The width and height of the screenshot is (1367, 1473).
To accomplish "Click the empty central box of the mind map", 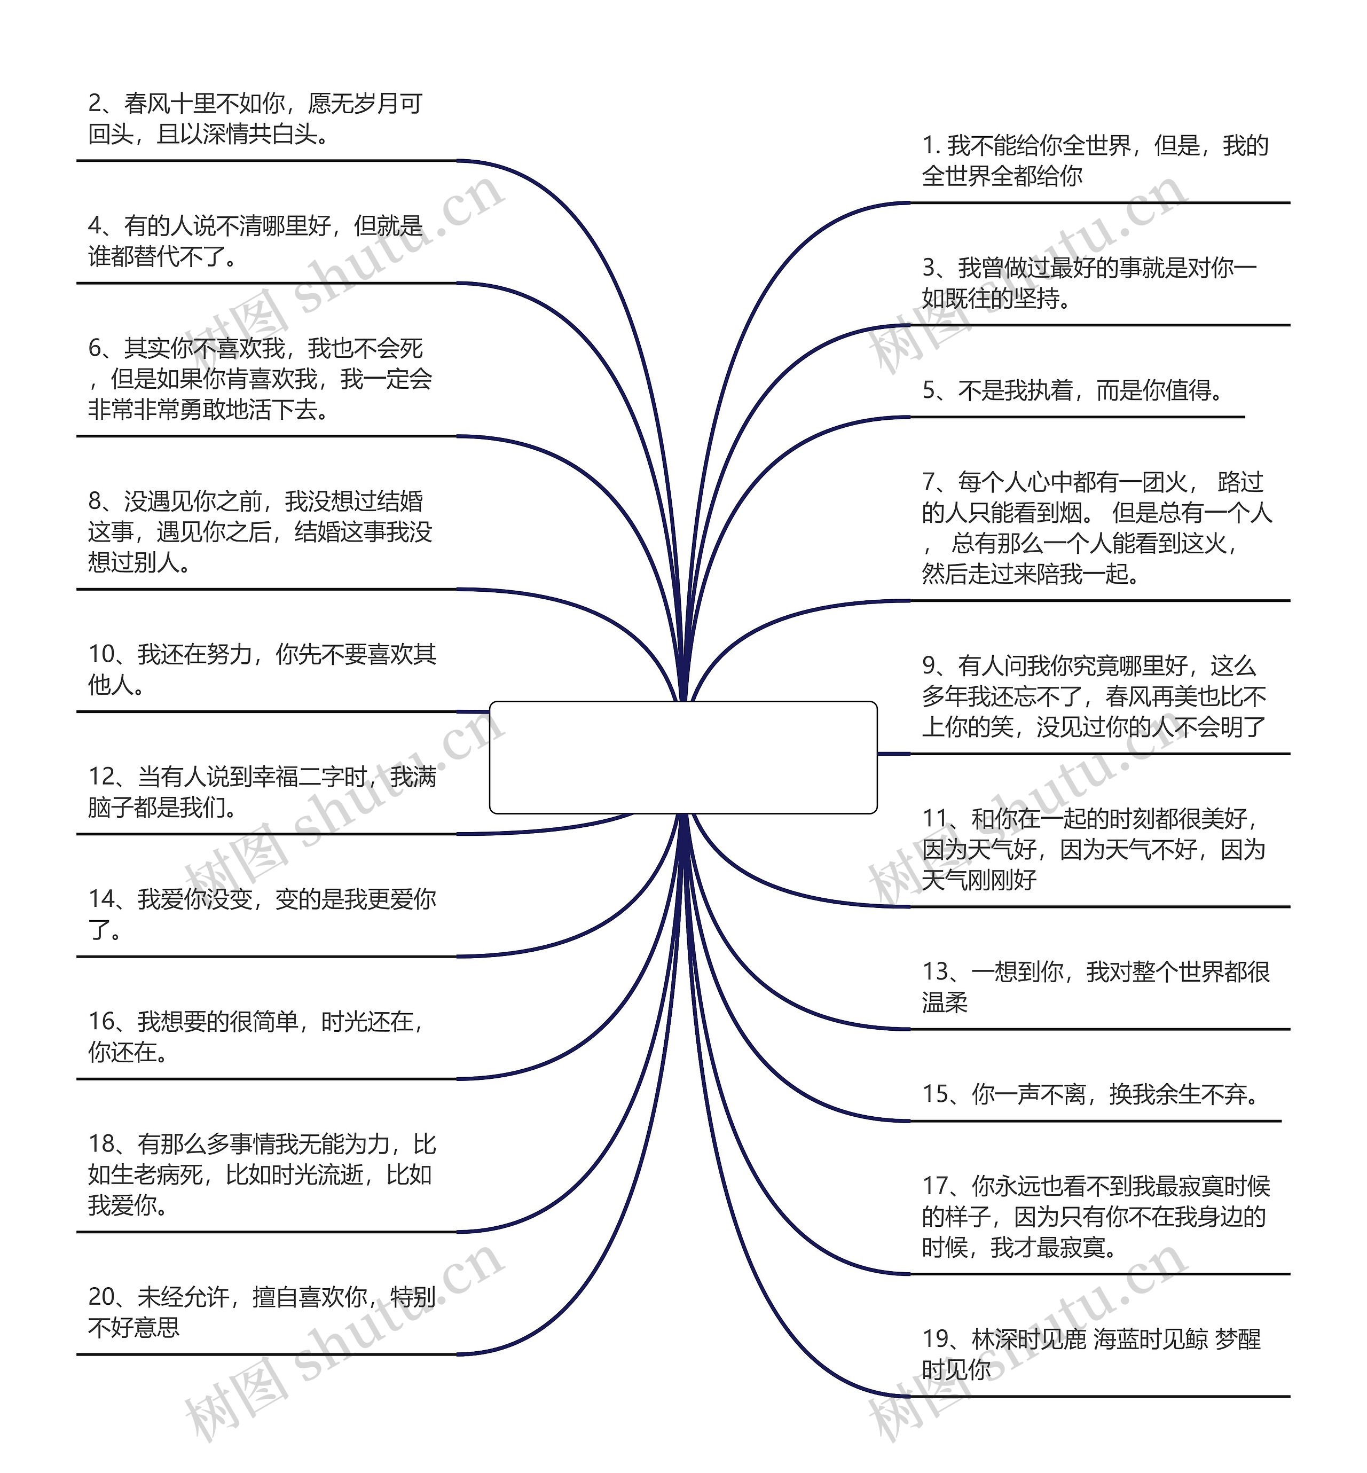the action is pyautogui.click(x=683, y=757).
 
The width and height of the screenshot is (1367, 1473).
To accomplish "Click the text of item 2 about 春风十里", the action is pyautogui.click(x=255, y=119).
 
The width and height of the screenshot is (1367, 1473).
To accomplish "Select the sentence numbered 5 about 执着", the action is pyautogui.click(x=1073, y=390).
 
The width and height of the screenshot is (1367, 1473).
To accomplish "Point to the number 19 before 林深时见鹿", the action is pyautogui.click(x=936, y=1338).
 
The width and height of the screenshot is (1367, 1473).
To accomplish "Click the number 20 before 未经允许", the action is pyautogui.click(x=102, y=1296).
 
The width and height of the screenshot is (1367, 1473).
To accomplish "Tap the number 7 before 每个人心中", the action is pyautogui.click(x=929, y=482).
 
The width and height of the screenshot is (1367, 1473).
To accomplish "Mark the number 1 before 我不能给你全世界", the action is pyautogui.click(x=929, y=145).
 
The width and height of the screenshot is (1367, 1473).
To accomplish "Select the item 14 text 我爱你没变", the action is pyautogui.click(x=263, y=914).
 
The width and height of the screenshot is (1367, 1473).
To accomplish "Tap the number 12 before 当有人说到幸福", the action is pyautogui.click(x=102, y=776).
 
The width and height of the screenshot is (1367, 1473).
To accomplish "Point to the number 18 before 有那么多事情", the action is pyautogui.click(x=102, y=1144).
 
